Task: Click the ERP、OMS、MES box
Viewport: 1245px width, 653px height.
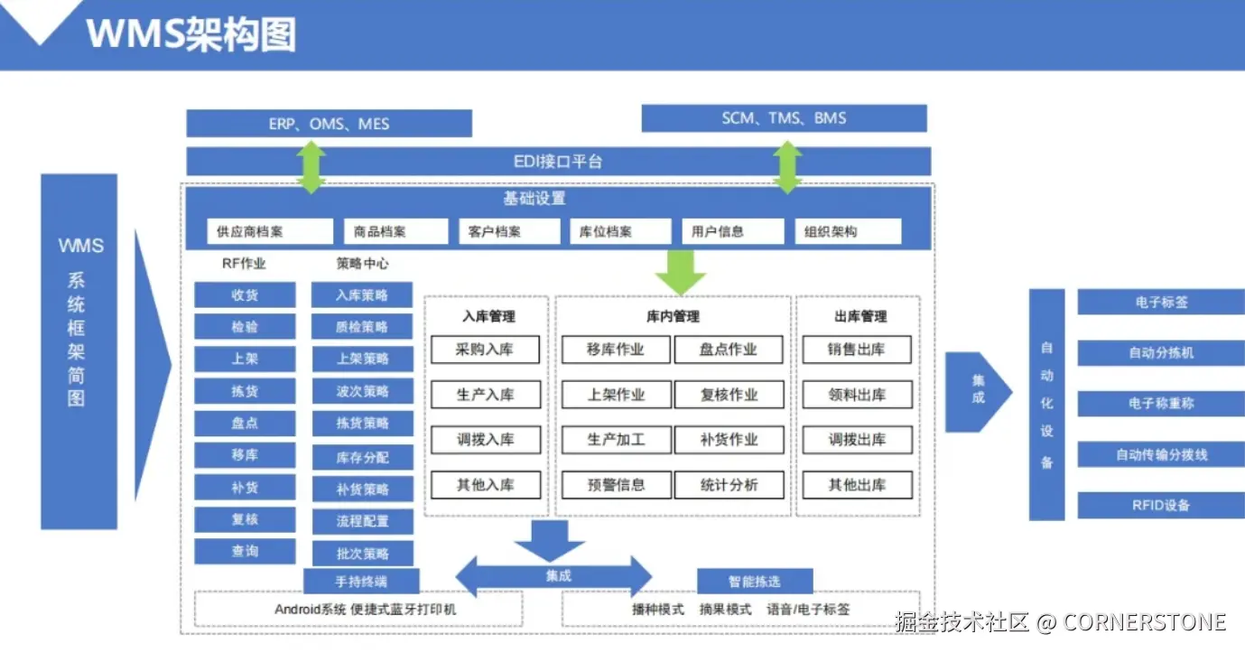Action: click(329, 124)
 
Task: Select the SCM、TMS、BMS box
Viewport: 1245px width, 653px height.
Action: click(784, 118)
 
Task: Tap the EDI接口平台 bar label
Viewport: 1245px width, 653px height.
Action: click(558, 162)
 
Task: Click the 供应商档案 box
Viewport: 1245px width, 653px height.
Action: click(270, 231)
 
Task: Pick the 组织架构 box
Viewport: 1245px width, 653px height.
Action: click(847, 231)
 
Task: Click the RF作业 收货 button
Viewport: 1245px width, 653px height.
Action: click(245, 294)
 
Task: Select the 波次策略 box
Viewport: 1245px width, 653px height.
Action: click(362, 391)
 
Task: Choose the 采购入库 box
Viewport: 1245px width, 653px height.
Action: click(485, 350)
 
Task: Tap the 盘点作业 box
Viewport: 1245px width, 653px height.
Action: click(729, 350)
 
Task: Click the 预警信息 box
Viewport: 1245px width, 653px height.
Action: click(616, 485)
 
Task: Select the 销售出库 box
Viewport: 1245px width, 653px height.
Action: click(857, 350)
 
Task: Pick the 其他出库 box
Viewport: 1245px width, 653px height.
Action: click(857, 485)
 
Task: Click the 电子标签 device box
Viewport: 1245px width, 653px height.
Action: click(1160, 303)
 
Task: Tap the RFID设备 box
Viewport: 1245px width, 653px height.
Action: click(1160, 506)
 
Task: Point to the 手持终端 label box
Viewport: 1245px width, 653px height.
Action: click(362, 581)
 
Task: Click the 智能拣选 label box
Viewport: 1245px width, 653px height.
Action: click(755, 581)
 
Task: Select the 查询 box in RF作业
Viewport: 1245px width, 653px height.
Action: click(245, 551)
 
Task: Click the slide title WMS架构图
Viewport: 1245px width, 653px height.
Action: click(191, 34)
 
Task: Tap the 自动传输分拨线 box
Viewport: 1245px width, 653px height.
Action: click(1160, 455)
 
